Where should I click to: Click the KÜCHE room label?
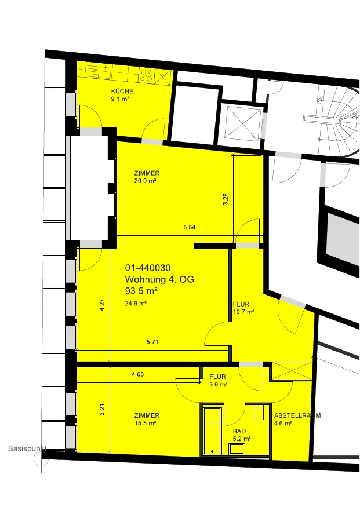click(122, 91)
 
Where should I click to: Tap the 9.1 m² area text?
click(120, 99)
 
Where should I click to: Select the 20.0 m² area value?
click(146, 181)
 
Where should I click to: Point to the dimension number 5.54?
click(189, 227)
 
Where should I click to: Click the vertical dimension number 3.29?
click(226, 199)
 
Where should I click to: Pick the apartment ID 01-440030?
click(148, 268)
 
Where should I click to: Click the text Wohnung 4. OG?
click(159, 279)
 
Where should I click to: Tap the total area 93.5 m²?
click(141, 291)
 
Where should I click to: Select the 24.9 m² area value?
click(136, 303)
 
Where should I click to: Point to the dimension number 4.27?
click(102, 305)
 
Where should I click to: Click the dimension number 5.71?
click(152, 342)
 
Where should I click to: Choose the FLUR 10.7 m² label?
click(243, 308)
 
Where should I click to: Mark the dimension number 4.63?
click(138, 374)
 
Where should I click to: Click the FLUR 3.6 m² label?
click(218, 381)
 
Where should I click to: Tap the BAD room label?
click(239, 431)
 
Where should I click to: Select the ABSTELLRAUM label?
click(297, 415)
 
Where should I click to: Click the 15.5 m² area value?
click(146, 423)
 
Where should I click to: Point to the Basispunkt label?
click(27, 448)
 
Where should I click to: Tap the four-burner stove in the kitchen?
click(147, 75)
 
